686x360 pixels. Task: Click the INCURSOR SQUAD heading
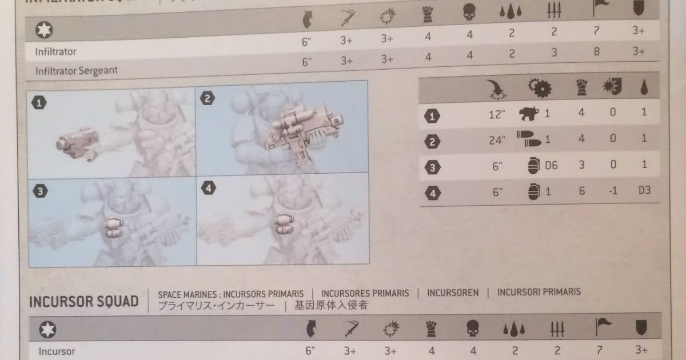point(83,301)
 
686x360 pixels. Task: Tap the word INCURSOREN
point(452,293)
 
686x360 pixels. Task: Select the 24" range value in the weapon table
point(497,140)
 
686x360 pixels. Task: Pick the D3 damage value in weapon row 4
point(644,191)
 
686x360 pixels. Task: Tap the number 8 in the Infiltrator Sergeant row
point(597,50)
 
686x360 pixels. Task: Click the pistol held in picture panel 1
point(77,140)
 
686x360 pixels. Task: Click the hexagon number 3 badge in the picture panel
point(39,192)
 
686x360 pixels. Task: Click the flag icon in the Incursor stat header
point(603,327)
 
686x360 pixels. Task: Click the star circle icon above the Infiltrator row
point(44,29)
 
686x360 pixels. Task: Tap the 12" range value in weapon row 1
point(497,114)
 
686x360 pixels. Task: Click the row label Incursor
point(57,351)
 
